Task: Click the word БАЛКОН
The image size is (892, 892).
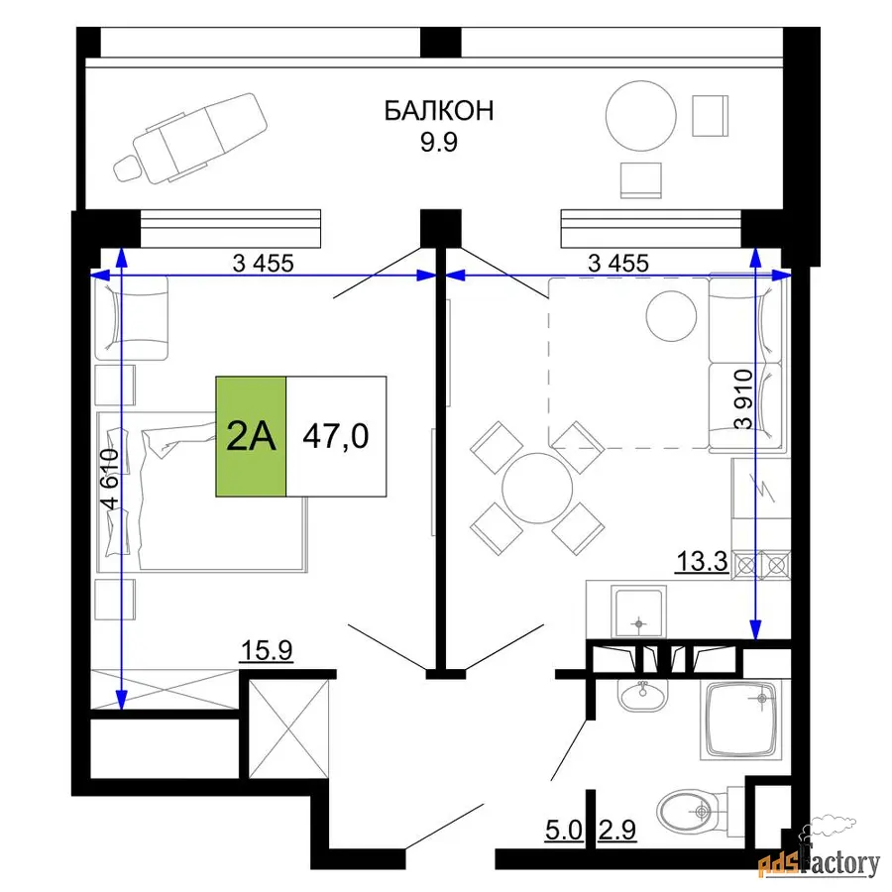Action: tap(439, 110)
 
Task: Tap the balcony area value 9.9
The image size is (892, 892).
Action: tap(439, 142)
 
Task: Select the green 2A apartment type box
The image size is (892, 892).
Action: tap(251, 436)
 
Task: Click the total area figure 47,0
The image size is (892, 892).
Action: tap(336, 436)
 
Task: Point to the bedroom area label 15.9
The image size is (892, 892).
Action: tap(267, 649)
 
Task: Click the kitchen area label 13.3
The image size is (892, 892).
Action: tap(702, 561)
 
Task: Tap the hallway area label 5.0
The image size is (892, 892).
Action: tap(564, 830)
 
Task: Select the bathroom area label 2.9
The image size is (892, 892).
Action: tap(617, 830)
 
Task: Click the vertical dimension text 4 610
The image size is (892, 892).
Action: tap(109, 479)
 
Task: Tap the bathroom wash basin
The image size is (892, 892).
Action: tap(643, 695)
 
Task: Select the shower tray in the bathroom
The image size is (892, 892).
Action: tap(740, 721)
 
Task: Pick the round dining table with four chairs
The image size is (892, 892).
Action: tap(537, 488)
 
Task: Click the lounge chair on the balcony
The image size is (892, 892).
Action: tap(190, 138)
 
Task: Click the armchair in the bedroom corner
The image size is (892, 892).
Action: tap(132, 318)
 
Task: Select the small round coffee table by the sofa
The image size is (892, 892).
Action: tap(671, 316)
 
